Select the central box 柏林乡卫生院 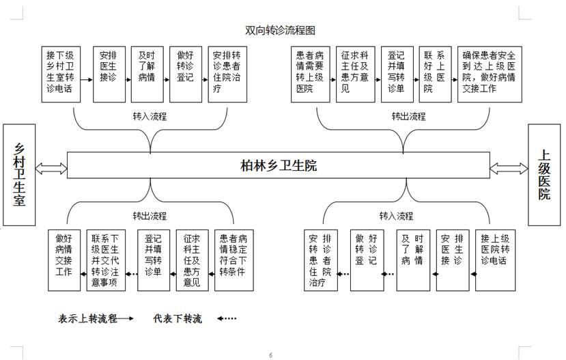click(279, 166)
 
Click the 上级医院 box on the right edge click(543, 175)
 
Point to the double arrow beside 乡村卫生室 click(53, 167)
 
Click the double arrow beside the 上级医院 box click(509, 167)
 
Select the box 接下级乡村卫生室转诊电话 click(61, 73)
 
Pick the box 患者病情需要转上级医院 click(310, 73)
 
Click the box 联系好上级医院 click(435, 73)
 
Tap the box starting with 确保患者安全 click(490, 73)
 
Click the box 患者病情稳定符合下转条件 click(234, 260)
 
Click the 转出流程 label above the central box click(408, 116)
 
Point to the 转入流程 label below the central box click(396, 216)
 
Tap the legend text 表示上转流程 click(87, 318)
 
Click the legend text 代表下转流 click(178, 318)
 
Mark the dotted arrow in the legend click(227, 318)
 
